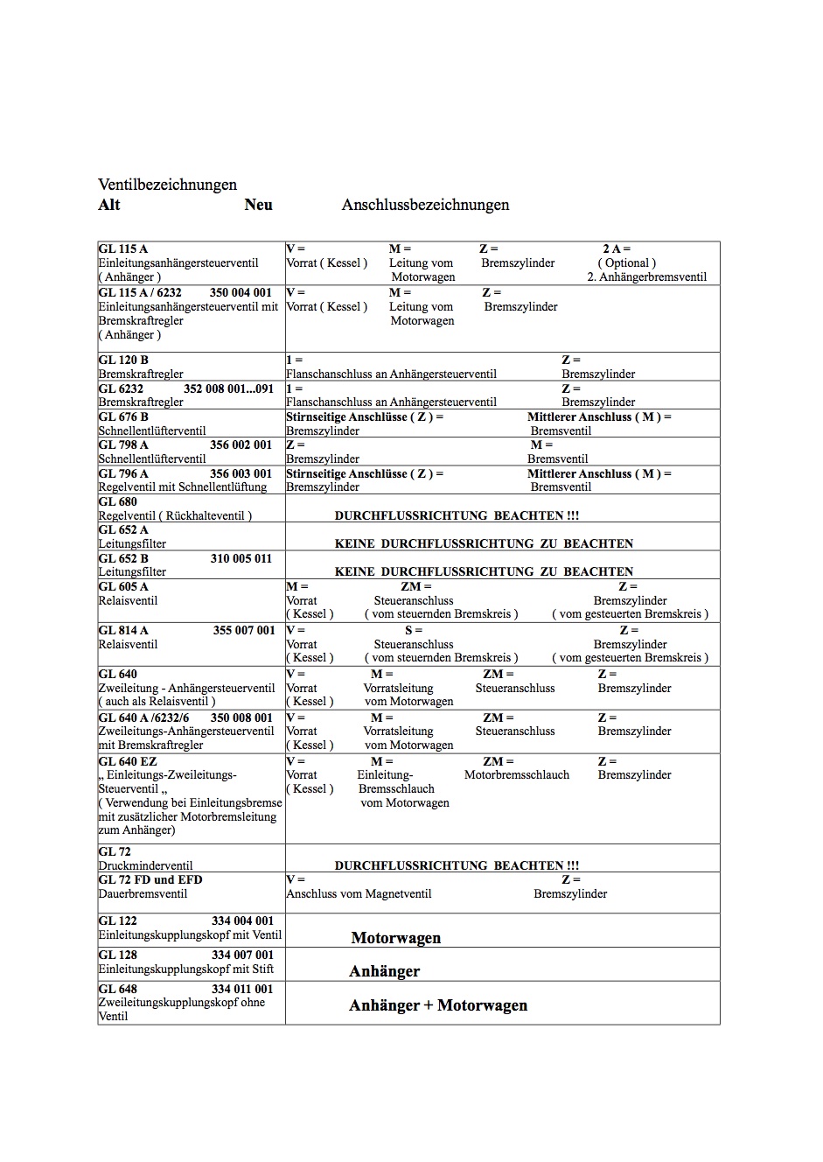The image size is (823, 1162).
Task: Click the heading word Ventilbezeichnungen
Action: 167,185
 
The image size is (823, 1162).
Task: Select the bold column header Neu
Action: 259,205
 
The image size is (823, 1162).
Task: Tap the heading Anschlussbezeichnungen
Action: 425,205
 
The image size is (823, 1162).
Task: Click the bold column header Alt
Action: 109,205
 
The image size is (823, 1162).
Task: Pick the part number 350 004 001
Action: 241,292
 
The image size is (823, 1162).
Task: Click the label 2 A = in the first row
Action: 617,249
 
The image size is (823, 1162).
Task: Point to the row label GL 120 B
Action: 123,360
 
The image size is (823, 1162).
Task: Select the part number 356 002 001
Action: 241,444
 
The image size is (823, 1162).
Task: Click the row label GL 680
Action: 118,501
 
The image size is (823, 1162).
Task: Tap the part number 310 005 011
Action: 241,558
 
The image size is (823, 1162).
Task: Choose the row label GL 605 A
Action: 123,586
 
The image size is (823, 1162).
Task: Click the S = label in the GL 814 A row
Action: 414,630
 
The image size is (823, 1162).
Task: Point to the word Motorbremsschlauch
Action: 517,775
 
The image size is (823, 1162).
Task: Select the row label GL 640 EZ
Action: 128,761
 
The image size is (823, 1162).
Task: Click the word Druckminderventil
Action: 145,865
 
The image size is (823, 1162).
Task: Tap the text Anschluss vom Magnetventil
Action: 359,893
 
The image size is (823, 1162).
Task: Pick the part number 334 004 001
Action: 242,920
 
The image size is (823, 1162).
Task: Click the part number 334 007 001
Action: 242,955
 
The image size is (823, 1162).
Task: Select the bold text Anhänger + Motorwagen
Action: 438,1005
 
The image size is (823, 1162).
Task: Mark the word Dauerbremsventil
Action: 143,893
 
